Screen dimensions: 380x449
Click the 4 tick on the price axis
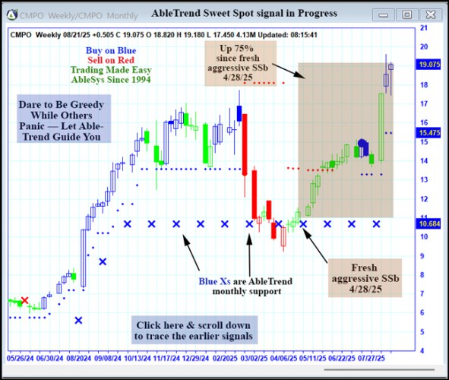[x=422, y=350]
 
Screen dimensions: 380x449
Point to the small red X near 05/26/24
[x=24, y=301]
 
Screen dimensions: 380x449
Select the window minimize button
[x=386, y=14]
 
